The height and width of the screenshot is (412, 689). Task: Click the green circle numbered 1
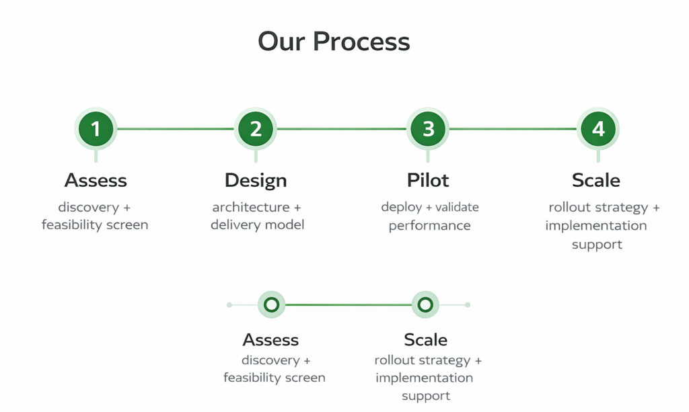tap(96, 128)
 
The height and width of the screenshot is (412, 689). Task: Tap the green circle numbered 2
tap(256, 128)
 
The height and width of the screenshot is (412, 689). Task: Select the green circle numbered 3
tap(428, 128)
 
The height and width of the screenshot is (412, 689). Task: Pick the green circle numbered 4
tap(597, 128)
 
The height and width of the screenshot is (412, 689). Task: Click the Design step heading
tap(256, 180)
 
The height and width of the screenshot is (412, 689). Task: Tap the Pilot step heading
tap(428, 180)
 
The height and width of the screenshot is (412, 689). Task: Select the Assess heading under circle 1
tap(96, 180)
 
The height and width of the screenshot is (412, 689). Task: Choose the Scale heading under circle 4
tap(596, 180)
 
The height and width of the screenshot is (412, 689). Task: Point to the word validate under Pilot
tap(458, 207)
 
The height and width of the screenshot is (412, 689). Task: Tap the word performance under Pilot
tap(429, 225)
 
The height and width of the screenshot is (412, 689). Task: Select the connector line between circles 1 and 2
tap(176, 128)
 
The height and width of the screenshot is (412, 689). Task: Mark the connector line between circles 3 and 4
tap(513, 128)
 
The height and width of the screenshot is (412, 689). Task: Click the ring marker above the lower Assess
tap(271, 304)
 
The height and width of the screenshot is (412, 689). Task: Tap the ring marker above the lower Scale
tap(425, 304)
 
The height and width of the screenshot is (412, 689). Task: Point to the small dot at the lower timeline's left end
tap(229, 304)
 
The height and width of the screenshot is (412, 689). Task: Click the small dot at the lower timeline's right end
tap(468, 304)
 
